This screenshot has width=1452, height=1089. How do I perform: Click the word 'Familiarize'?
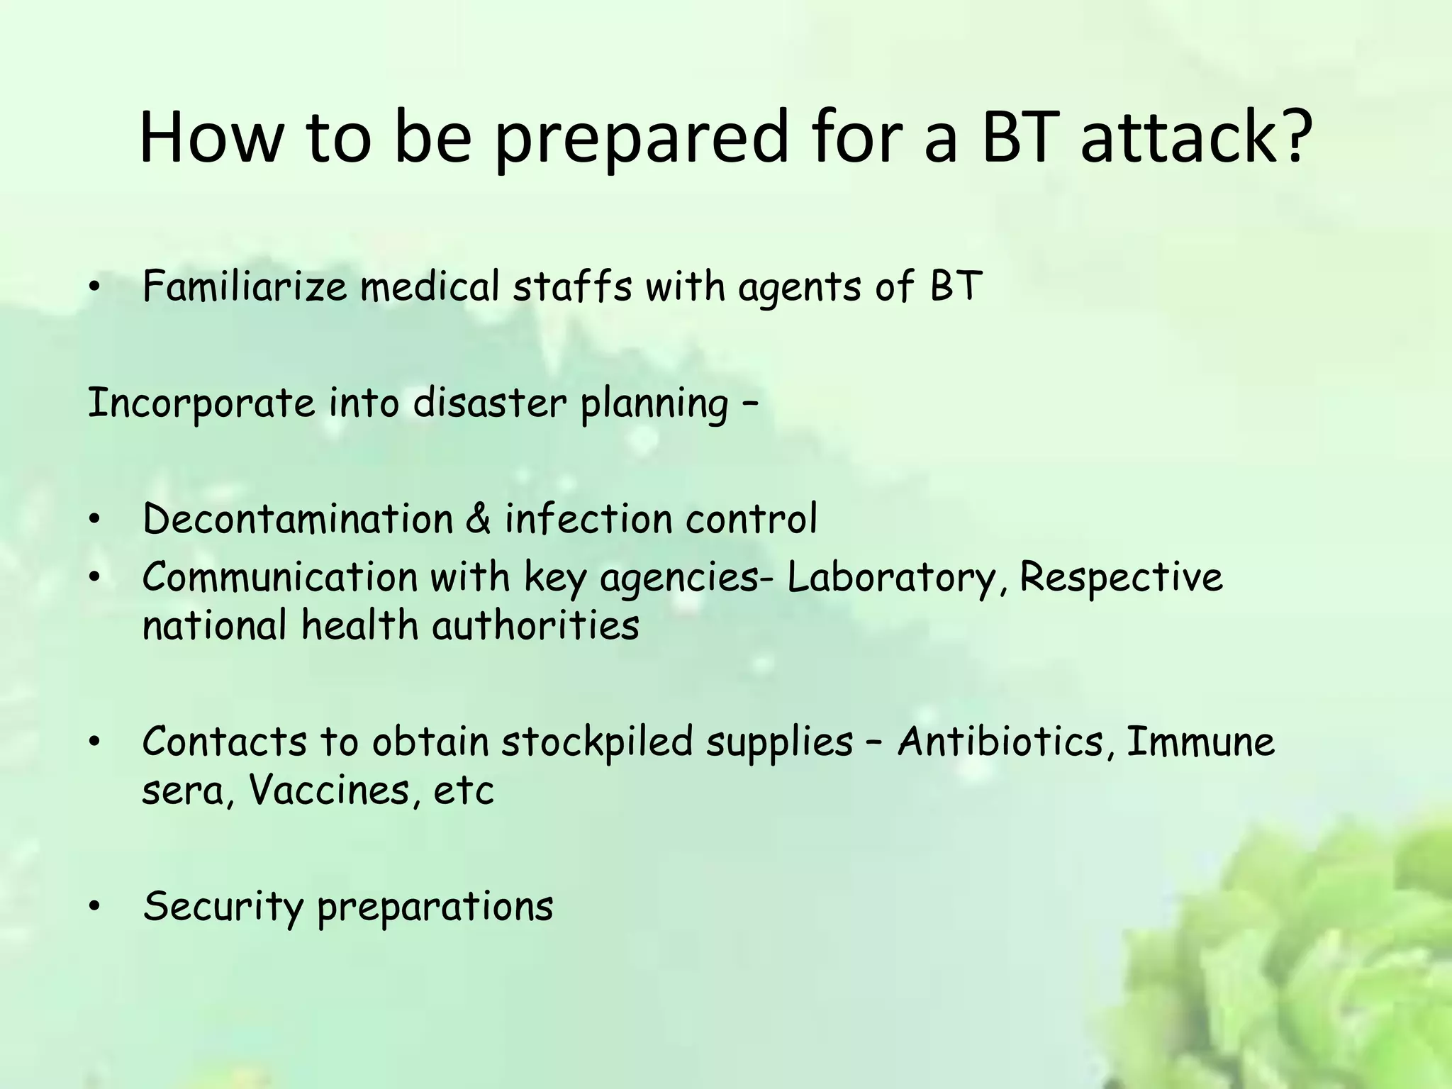click(x=245, y=287)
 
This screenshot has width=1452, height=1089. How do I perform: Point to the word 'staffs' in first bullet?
click(x=571, y=287)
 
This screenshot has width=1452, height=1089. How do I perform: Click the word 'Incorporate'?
click(x=201, y=403)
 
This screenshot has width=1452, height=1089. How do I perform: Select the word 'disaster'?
click(x=489, y=403)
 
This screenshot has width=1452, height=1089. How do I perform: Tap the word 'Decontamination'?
click(x=298, y=519)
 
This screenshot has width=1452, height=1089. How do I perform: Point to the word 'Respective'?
click(x=1121, y=578)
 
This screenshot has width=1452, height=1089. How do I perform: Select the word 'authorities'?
click(x=535, y=626)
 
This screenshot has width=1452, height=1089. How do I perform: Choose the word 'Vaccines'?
click(x=330, y=791)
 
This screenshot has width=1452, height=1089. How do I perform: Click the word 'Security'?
click(x=223, y=907)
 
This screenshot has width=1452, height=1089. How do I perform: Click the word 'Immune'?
click(x=1200, y=742)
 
